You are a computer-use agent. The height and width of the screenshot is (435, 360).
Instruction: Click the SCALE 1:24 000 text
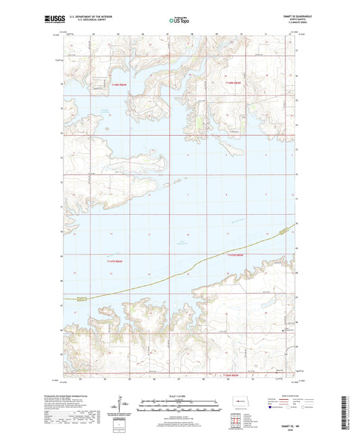(180, 396)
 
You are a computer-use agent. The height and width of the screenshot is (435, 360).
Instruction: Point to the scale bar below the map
(180, 407)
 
